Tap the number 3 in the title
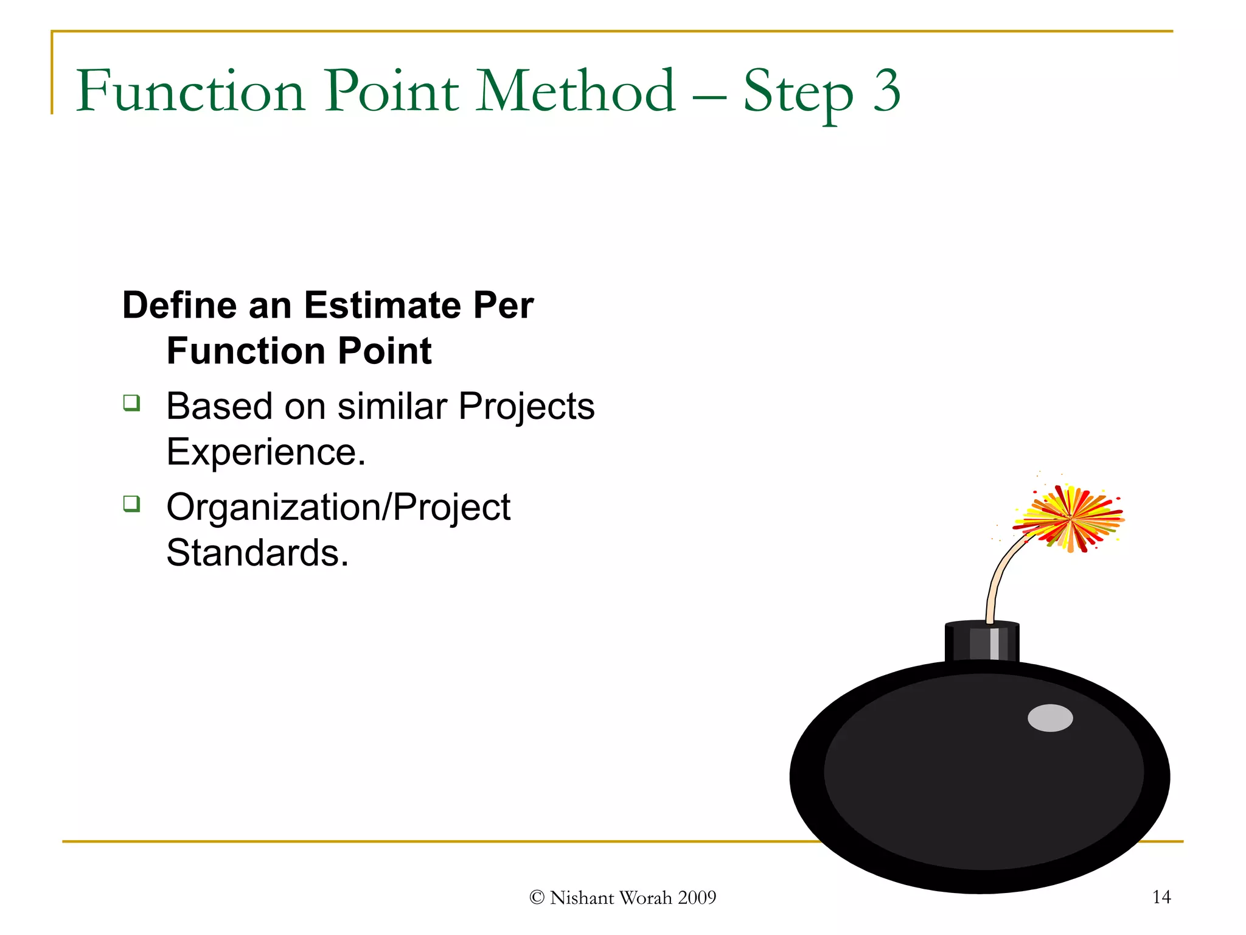886,91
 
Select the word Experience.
266,452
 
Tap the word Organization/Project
338,508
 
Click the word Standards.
257,553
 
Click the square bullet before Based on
131,403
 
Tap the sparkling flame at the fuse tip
1070,519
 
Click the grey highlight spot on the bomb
1050,718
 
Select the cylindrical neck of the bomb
981,643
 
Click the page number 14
1161,897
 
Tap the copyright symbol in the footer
537,898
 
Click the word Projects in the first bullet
526,406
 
